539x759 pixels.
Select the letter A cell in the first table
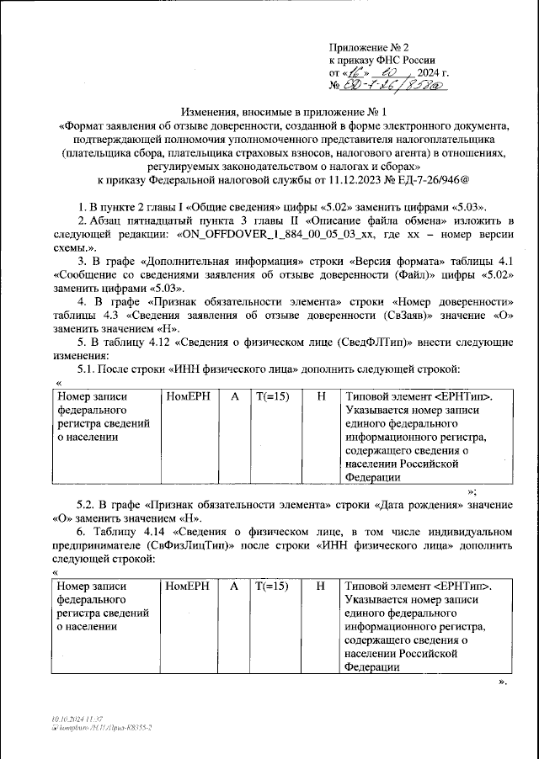234,395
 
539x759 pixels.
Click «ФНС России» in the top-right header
408,61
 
